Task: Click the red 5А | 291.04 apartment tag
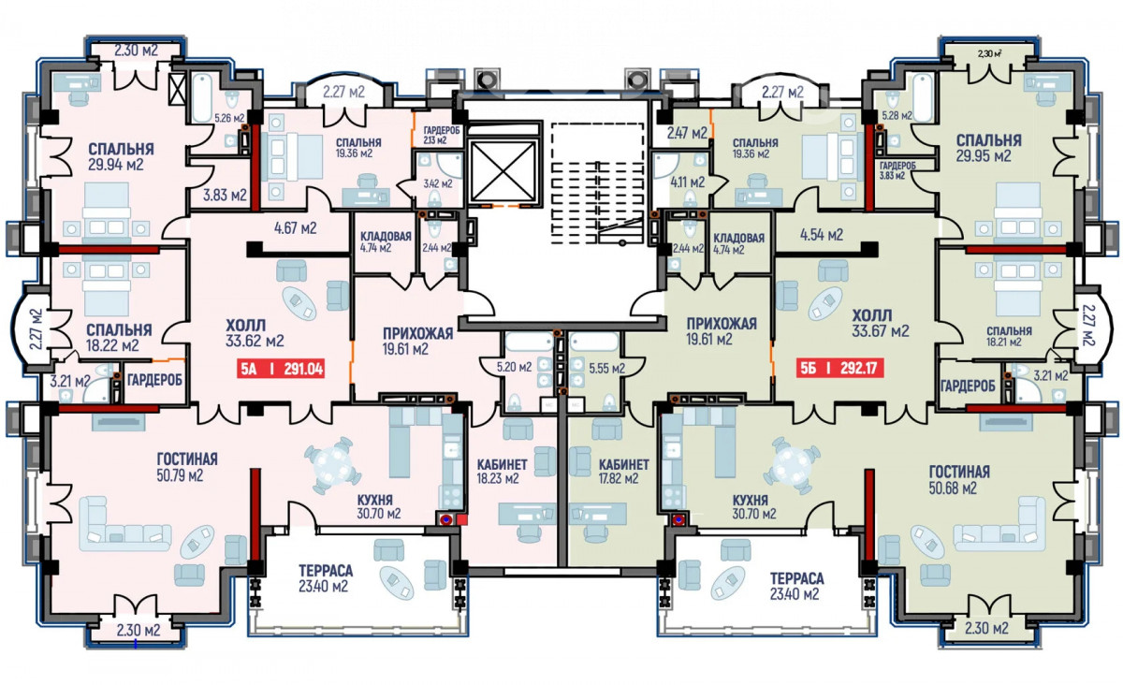pos(281,369)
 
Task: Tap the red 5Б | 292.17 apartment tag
pos(839,369)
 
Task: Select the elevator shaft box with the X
pos(504,171)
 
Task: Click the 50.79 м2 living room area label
pos(180,474)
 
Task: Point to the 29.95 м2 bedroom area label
pos(984,156)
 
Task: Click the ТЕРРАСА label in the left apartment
pos(326,571)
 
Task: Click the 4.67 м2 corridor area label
pos(296,228)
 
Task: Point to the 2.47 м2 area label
pos(687,133)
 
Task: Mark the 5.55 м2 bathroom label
pos(606,369)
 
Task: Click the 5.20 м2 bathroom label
pos(514,367)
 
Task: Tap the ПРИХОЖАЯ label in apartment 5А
pos(418,333)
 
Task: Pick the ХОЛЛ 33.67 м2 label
pos(881,324)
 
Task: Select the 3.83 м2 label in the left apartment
pos(225,195)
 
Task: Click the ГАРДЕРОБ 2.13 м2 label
pos(435,135)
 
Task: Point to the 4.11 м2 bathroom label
pos(688,182)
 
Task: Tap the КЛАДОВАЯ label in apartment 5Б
pos(738,238)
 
